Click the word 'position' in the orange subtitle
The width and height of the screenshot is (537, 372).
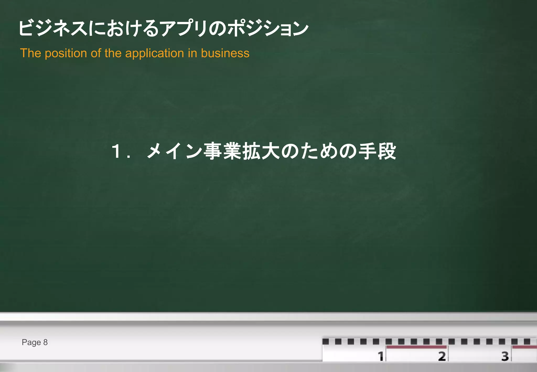click(66, 53)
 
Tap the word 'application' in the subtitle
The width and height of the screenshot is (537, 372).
click(154, 53)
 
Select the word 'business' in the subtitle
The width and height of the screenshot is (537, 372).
click(225, 53)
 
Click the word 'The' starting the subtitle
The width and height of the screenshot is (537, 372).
click(30, 53)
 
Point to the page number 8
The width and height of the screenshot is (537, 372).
click(45, 342)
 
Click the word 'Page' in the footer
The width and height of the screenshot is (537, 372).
click(31, 342)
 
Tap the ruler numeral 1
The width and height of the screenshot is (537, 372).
click(380, 356)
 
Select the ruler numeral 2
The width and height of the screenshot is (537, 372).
click(442, 356)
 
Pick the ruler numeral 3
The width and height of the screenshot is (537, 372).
click(505, 356)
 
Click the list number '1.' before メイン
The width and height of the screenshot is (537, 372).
click(120, 152)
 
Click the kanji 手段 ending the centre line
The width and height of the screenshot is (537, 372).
click(377, 152)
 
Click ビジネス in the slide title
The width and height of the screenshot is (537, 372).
click(52, 28)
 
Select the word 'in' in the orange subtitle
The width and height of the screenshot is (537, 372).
click(192, 53)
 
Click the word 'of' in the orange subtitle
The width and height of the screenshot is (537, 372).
click(96, 53)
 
